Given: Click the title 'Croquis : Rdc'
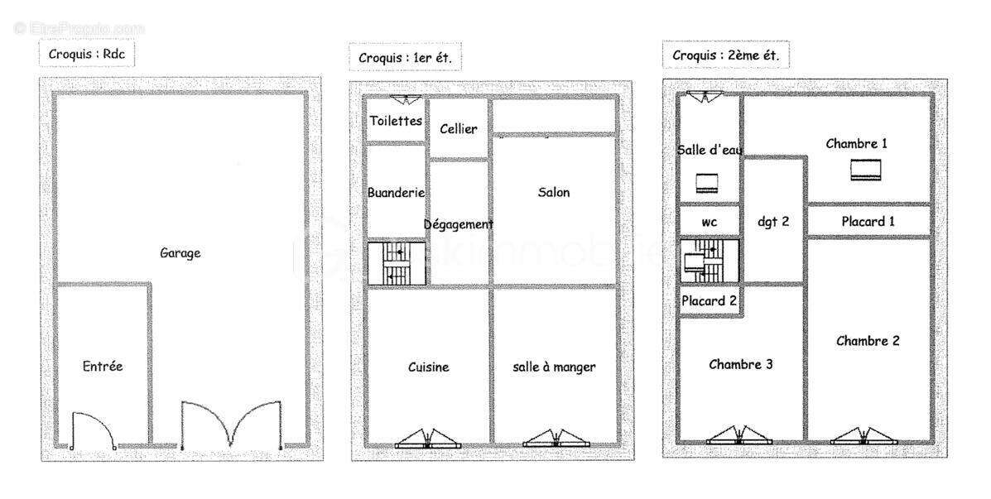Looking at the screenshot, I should point(86,54).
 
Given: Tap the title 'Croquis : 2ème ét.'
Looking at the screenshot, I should point(725,55).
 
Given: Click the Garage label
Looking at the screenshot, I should point(180,253).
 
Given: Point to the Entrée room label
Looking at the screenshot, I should point(103,366).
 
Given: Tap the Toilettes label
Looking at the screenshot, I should point(396,121).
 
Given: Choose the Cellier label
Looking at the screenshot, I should point(458,129).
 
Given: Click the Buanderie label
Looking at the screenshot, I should point(396,192).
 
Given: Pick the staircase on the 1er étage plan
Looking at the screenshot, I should point(397,263).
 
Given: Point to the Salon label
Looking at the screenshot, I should point(553,192).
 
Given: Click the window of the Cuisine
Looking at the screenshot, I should point(427,439).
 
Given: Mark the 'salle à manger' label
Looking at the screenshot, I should point(554,367).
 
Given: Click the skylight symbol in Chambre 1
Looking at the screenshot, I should point(866,170).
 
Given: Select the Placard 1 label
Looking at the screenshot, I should point(868,221).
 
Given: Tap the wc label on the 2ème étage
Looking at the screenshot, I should point(709,222).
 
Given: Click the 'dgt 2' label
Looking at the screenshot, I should point(773,222).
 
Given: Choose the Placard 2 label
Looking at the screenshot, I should point(709,300).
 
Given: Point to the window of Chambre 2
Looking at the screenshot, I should point(864,438).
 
